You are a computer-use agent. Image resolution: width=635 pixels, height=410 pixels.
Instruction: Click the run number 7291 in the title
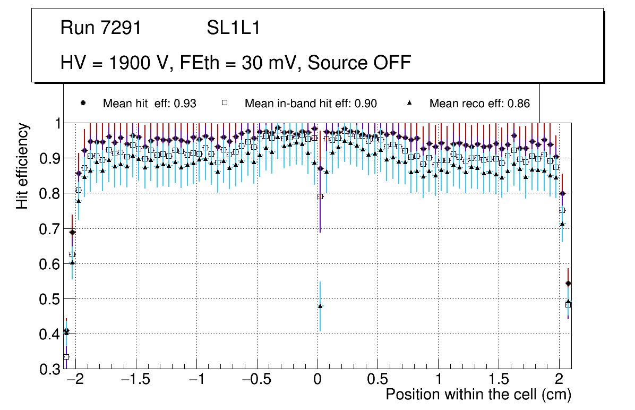[121, 28]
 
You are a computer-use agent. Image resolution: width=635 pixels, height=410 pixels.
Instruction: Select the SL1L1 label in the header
[234, 28]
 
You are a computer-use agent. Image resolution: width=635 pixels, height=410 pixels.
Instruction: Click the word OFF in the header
[390, 63]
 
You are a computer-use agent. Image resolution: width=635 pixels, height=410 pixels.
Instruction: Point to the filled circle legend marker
[82, 103]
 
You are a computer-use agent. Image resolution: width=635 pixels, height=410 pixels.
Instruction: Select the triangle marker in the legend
[409, 103]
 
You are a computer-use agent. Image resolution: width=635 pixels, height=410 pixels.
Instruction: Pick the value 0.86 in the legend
[518, 104]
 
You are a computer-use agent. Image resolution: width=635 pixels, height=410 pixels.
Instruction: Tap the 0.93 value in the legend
[185, 104]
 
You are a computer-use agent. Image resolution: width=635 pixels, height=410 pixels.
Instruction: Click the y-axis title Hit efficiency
[22, 166]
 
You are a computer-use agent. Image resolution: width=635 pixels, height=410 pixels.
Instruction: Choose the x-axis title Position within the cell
[478, 395]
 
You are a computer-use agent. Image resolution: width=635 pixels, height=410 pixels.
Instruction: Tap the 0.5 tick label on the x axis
[377, 380]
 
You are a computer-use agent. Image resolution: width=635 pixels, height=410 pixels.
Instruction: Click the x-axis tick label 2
[559, 380]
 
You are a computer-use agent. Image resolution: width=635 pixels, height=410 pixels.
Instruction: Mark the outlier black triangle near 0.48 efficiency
[320, 306]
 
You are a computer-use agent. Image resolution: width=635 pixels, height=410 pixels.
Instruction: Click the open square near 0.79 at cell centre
[320, 197]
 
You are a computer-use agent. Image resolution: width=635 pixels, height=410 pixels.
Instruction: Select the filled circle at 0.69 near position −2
[73, 232]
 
